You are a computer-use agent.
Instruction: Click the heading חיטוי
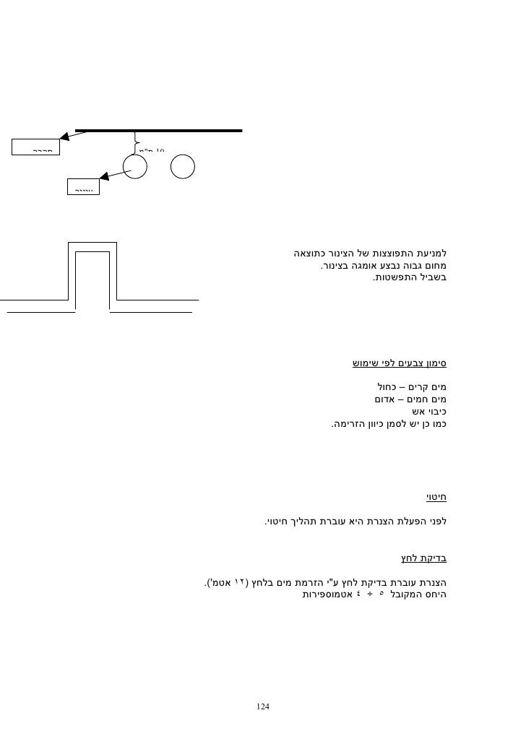tap(435, 497)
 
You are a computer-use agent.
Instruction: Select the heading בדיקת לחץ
tap(423, 558)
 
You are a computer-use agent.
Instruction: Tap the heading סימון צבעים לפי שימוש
tap(399, 363)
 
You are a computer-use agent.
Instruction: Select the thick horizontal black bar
tap(159, 131)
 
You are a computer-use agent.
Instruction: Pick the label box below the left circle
tap(83, 187)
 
